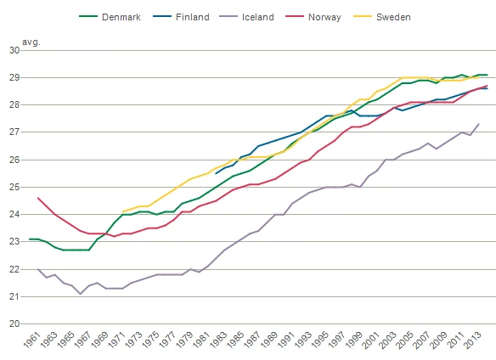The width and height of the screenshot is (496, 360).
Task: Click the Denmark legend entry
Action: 110,17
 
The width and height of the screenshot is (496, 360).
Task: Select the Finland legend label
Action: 181,17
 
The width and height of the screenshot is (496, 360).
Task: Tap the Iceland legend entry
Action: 246,17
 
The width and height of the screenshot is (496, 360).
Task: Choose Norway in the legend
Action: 313,17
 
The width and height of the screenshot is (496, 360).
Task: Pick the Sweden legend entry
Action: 382,17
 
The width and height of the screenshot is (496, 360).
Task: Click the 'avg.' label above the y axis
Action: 31,42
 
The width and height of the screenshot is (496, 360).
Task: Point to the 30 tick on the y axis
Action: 14,50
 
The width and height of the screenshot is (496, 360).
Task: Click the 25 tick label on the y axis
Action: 14,188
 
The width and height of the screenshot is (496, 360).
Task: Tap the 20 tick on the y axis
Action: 14,324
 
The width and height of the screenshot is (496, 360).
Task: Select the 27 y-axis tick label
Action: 14,132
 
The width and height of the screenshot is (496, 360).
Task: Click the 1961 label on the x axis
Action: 32,340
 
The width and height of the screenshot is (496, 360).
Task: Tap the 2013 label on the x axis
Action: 472,340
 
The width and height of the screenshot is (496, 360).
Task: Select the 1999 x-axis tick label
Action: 354,340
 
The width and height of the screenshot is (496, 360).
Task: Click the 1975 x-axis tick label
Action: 151,340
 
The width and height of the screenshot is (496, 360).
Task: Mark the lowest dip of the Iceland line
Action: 81,294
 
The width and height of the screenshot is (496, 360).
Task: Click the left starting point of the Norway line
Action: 38,198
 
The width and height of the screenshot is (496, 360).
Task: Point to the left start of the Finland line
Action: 216,173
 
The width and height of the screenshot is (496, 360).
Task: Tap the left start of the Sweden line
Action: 122,211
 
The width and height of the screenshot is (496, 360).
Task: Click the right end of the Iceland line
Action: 479,124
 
